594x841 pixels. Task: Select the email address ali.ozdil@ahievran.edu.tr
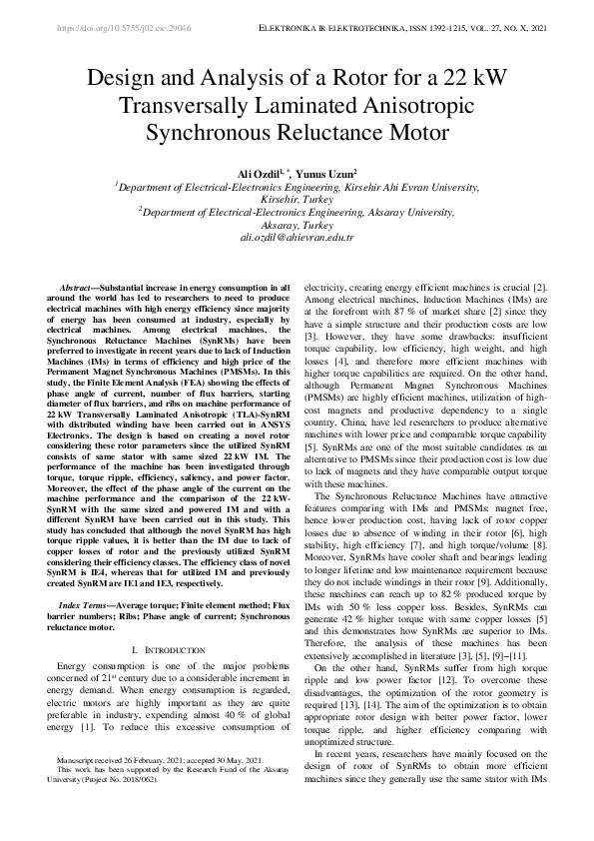(297, 238)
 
